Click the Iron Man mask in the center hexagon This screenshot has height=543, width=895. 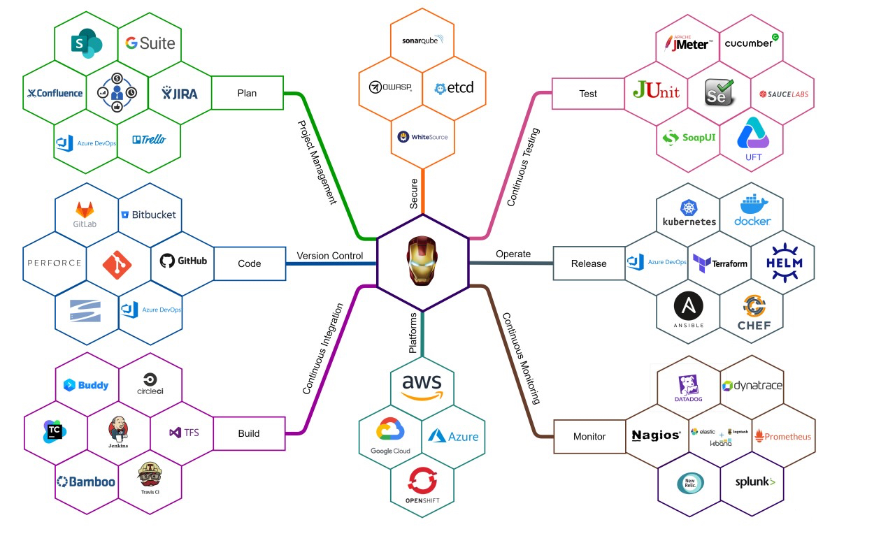[x=422, y=263]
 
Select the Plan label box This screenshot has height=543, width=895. [x=247, y=93]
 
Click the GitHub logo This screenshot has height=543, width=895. [x=183, y=261]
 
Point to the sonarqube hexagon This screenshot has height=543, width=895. [x=422, y=41]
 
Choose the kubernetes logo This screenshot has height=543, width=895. [x=689, y=213]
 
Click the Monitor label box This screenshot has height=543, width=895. [x=589, y=436]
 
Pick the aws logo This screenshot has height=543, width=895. [x=422, y=386]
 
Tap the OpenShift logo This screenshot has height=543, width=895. [x=422, y=486]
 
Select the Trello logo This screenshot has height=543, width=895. [x=149, y=140]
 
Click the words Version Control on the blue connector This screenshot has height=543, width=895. [x=330, y=256]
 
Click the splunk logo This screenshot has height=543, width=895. [x=754, y=482]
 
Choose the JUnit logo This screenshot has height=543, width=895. [x=655, y=91]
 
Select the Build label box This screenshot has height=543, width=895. [x=249, y=433]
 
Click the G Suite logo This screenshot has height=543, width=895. [x=150, y=43]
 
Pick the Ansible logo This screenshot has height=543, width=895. [x=688, y=310]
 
